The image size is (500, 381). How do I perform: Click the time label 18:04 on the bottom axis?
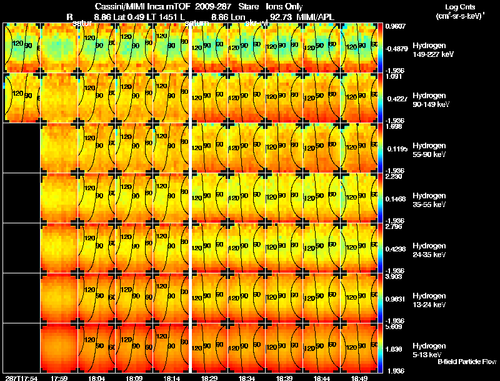[x=97, y=378]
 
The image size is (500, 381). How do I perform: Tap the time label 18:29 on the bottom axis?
[x=209, y=378]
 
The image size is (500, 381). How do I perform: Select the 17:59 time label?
[x=59, y=378]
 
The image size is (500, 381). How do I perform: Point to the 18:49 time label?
[x=359, y=378]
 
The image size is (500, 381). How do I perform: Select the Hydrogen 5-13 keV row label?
[x=429, y=350]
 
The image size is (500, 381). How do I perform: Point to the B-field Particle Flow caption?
[x=466, y=362]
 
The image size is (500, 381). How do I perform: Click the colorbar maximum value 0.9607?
[x=396, y=27]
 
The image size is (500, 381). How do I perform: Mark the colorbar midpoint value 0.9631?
[x=396, y=298]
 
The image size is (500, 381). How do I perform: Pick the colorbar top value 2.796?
[x=394, y=226]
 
